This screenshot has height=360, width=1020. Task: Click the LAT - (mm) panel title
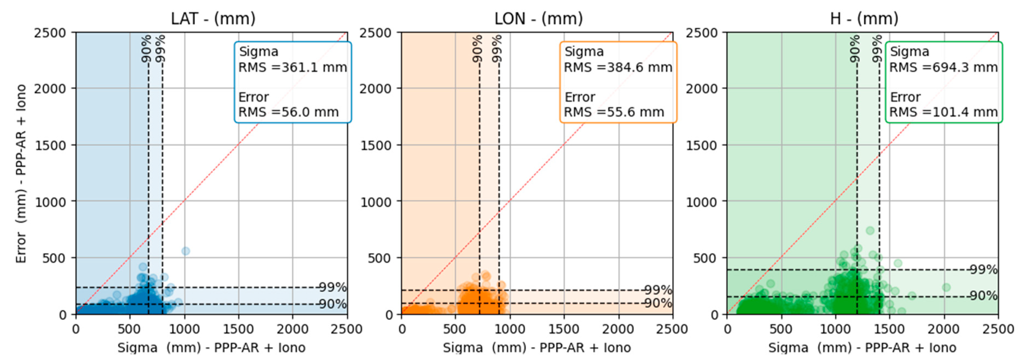tap(213, 19)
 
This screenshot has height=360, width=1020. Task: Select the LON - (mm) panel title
tap(538, 19)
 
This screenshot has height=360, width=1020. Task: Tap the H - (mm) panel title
tap(864, 19)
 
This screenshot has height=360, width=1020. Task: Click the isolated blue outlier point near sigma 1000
tap(185, 251)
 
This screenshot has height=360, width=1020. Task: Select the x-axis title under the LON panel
tap(536, 348)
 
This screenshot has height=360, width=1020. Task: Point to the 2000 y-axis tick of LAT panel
tap(50, 89)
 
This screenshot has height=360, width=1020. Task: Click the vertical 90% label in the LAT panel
tap(147, 48)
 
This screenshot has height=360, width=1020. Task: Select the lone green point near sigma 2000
tap(946, 287)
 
